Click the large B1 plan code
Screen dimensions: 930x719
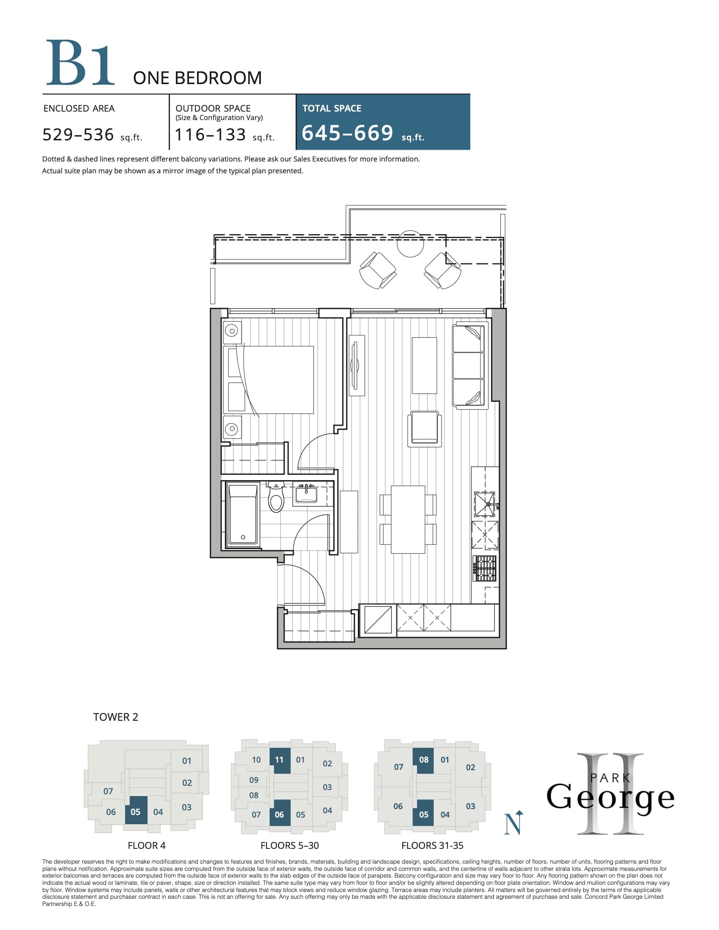click(x=80, y=63)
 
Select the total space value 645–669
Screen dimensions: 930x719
click(x=347, y=133)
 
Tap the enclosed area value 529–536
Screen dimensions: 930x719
click(x=78, y=134)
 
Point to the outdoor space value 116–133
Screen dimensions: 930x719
click(x=211, y=134)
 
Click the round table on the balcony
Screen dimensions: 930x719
click(x=410, y=243)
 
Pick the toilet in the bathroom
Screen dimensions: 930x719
click(x=276, y=498)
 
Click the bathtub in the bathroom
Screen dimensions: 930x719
click(x=243, y=514)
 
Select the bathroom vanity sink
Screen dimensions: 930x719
click(x=306, y=495)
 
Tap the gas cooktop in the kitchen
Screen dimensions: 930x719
click(x=486, y=569)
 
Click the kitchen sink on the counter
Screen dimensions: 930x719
click(x=485, y=504)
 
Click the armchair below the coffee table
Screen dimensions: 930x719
click(x=424, y=429)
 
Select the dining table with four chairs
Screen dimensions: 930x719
click(x=408, y=520)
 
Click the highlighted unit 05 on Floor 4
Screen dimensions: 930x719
click(x=136, y=812)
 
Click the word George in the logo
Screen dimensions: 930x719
click(x=610, y=798)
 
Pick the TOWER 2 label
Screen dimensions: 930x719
click(x=115, y=717)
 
